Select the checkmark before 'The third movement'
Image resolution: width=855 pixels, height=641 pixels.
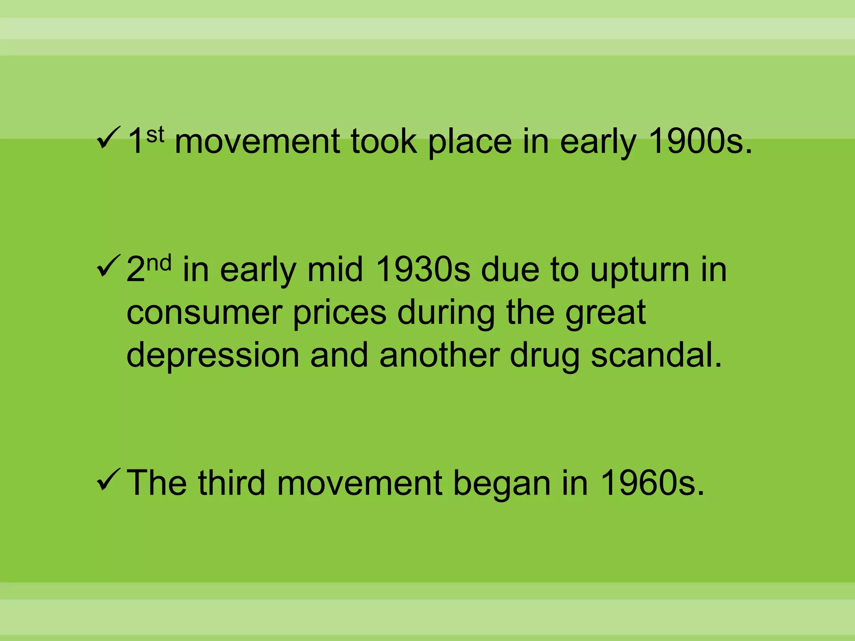coord(108,480)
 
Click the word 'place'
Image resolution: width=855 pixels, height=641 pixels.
coord(470,142)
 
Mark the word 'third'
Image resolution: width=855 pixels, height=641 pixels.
coord(232,483)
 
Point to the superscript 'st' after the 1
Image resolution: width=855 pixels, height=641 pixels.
coord(155,134)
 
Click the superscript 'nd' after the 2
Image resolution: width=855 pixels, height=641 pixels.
coord(159,263)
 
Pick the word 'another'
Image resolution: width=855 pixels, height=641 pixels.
coord(439,356)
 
